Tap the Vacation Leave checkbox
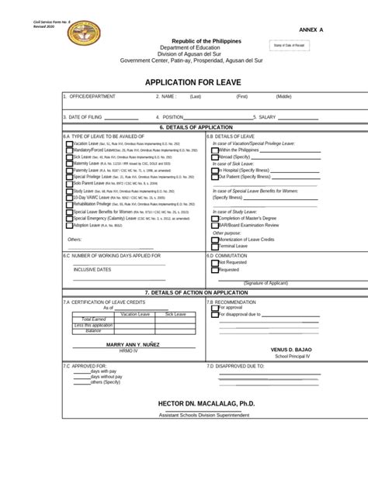[x=69, y=143]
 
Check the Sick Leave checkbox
[x=69, y=157]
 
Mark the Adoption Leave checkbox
[x=69, y=225]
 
